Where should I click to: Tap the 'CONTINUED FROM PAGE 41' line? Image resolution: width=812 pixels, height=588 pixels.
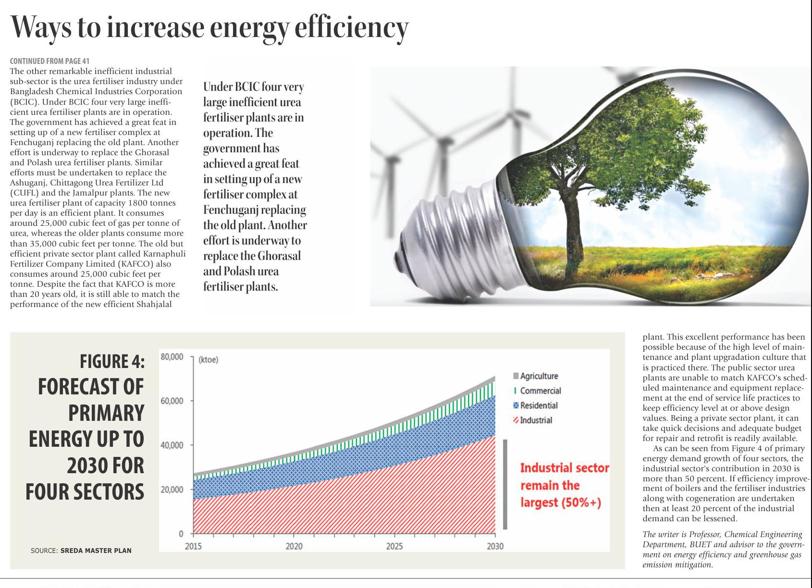(49, 61)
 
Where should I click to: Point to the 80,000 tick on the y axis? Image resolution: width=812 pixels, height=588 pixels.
(172, 357)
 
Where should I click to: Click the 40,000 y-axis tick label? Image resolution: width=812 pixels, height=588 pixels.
(172, 445)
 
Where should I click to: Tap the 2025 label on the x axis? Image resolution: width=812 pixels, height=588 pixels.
(394, 546)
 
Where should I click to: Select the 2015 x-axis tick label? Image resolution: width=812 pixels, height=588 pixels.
(193, 546)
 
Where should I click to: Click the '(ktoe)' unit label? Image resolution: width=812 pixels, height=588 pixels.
(208, 360)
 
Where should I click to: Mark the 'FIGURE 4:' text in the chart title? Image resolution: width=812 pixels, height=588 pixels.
(112, 362)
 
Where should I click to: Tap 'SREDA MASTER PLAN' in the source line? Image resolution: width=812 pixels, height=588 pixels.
(96, 551)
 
